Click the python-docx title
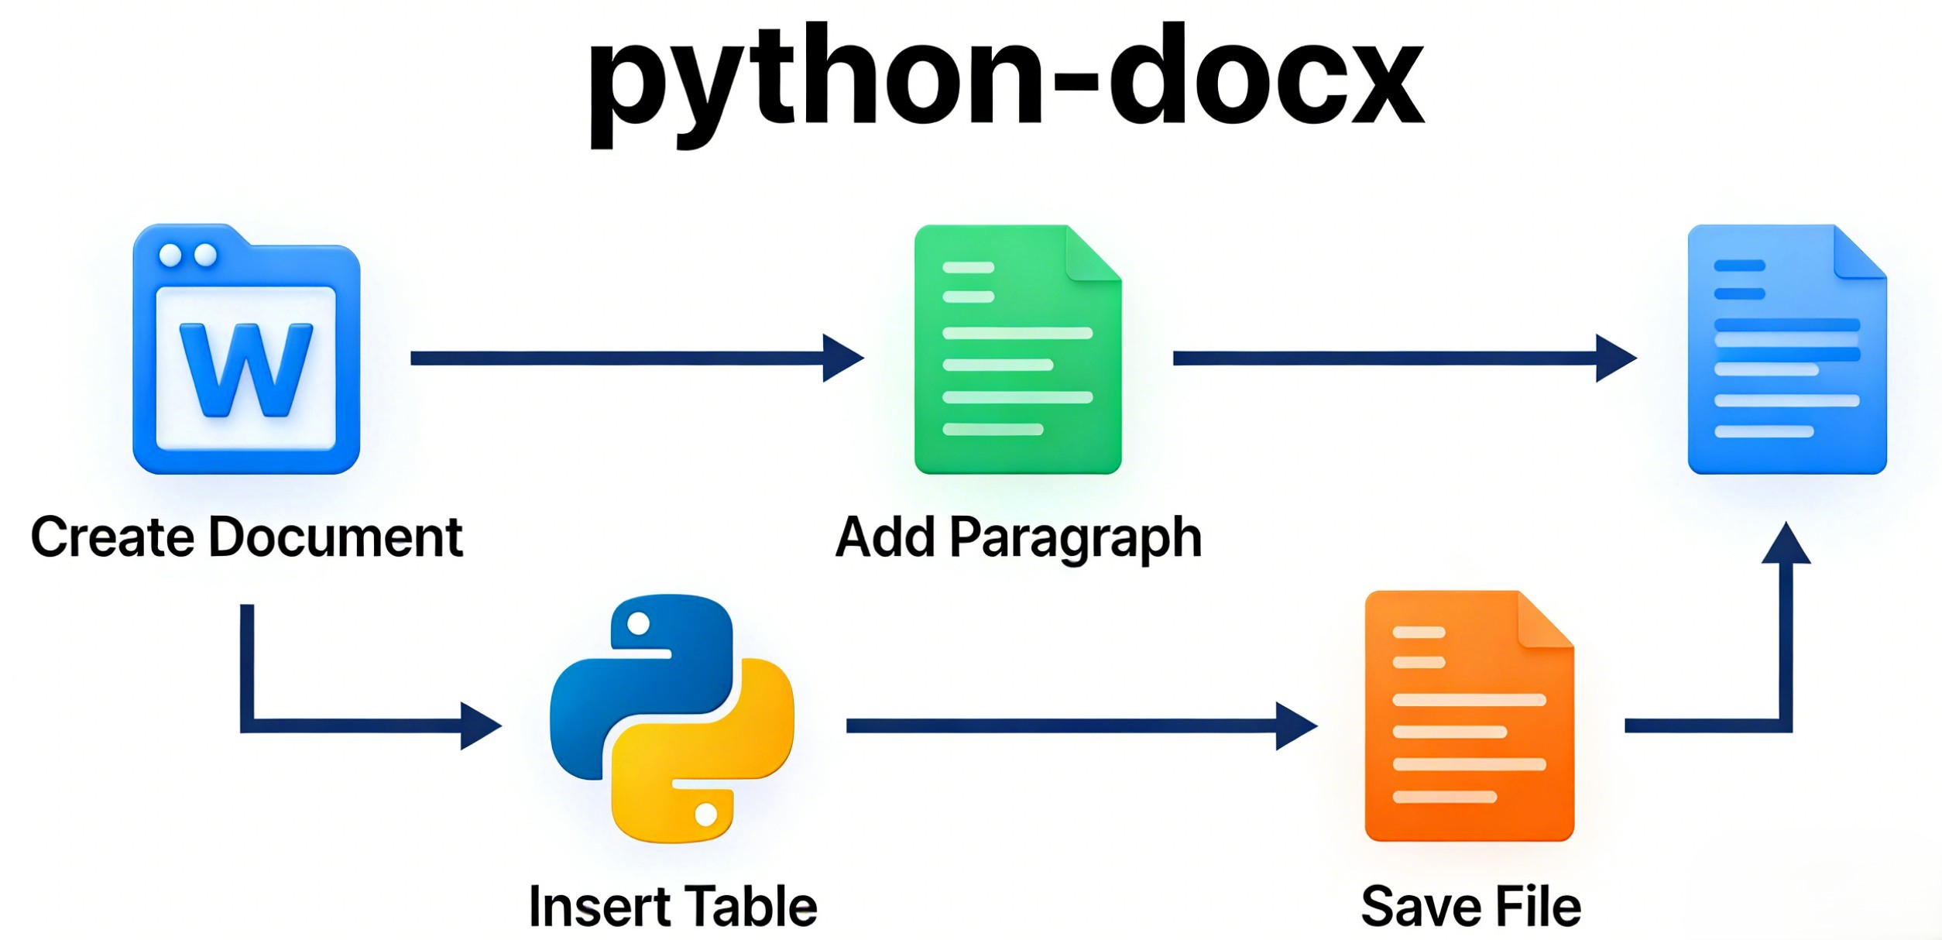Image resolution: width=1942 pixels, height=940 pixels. [1006, 81]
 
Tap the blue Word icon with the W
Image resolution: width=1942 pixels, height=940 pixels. [246, 349]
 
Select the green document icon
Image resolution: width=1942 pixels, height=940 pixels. [1017, 349]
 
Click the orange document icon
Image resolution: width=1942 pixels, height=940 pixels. [1469, 716]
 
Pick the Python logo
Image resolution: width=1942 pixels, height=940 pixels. [671, 718]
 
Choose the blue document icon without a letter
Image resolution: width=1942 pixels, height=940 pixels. [1787, 349]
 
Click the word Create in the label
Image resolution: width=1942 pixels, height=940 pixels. [112, 537]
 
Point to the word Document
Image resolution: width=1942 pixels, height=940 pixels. [336, 537]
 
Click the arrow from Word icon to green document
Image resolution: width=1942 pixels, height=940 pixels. [635, 358]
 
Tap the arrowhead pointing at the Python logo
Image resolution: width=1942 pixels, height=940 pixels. [479, 726]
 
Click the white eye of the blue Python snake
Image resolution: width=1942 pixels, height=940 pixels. [638, 623]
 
